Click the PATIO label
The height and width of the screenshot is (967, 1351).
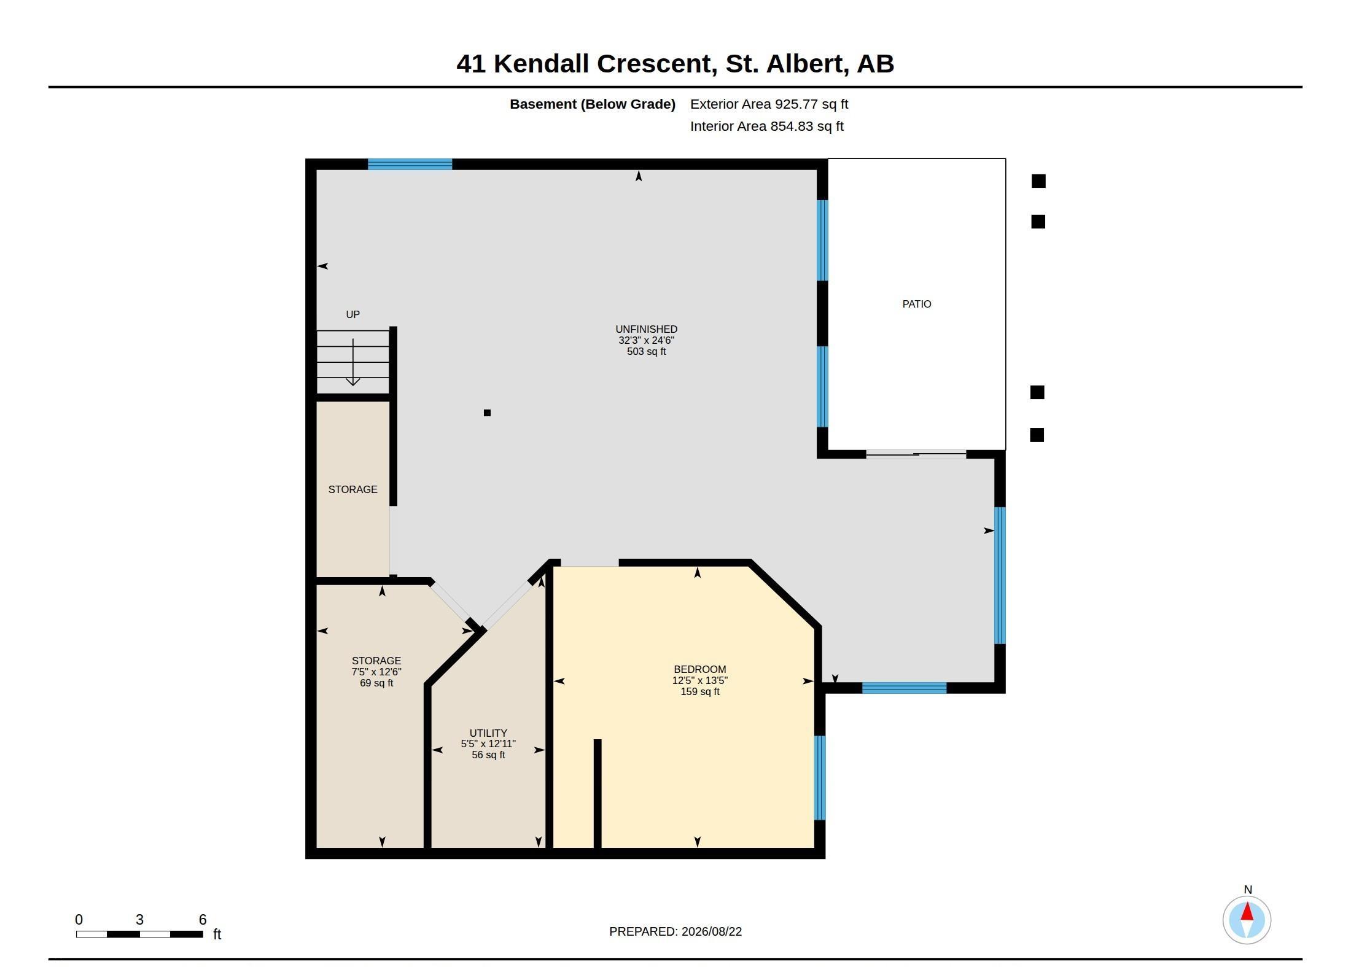click(916, 304)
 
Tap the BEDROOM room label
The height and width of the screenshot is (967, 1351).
click(699, 669)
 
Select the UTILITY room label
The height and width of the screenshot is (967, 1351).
click(488, 733)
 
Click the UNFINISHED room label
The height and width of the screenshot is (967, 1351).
click(646, 329)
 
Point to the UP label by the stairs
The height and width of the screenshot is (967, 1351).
click(352, 314)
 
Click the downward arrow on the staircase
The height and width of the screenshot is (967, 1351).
click(353, 362)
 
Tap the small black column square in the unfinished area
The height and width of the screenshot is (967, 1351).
click(487, 413)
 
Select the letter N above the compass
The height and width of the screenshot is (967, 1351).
click(1247, 890)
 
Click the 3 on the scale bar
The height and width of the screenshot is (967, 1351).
click(139, 919)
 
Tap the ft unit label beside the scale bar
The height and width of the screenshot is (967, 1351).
click(217, 934)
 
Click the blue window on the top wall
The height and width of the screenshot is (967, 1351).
click(410, 164)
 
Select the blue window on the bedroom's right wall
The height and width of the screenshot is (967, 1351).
click(819, 777)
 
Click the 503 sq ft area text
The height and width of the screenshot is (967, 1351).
click(646, 352)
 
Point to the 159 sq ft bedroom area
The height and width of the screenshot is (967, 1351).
click(699, 692)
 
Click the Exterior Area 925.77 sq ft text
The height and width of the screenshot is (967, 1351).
click(769, 104)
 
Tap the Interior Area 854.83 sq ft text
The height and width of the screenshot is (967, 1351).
click(766, 126)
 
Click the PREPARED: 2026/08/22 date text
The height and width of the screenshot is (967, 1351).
click(675, 931)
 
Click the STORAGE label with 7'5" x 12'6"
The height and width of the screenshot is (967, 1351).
click(376, 661)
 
